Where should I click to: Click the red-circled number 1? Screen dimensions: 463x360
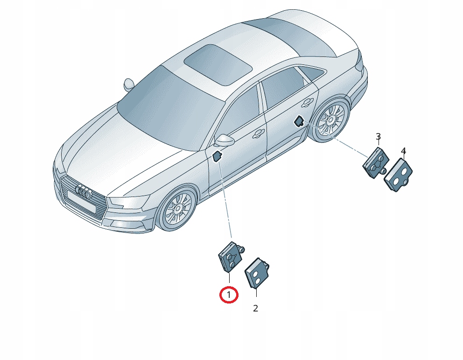click(x=229, y=295)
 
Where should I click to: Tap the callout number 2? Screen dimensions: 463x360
click(x=256, y=308)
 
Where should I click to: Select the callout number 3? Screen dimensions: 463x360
click(x=378, y=137)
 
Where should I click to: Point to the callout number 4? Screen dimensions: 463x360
click(x=404, y=151)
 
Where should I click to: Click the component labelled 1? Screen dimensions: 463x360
click(x=231, y=256)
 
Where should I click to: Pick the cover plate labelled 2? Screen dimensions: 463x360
click(x=257, y=272)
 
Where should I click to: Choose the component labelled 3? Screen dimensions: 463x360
click(x=375, y=162)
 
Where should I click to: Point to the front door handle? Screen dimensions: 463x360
click(x=259, y=133)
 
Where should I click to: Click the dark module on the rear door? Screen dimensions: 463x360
click(x=300, y=121)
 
